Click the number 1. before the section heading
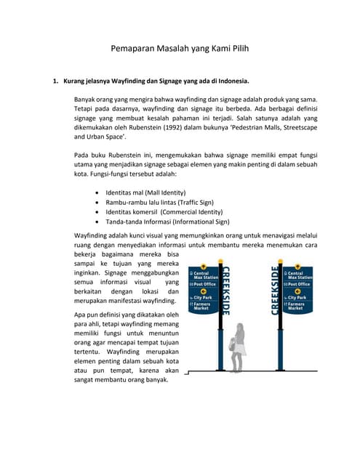tap(55, 81)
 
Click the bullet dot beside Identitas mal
tap(98, 192)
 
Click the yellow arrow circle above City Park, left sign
tap(204, 291)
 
